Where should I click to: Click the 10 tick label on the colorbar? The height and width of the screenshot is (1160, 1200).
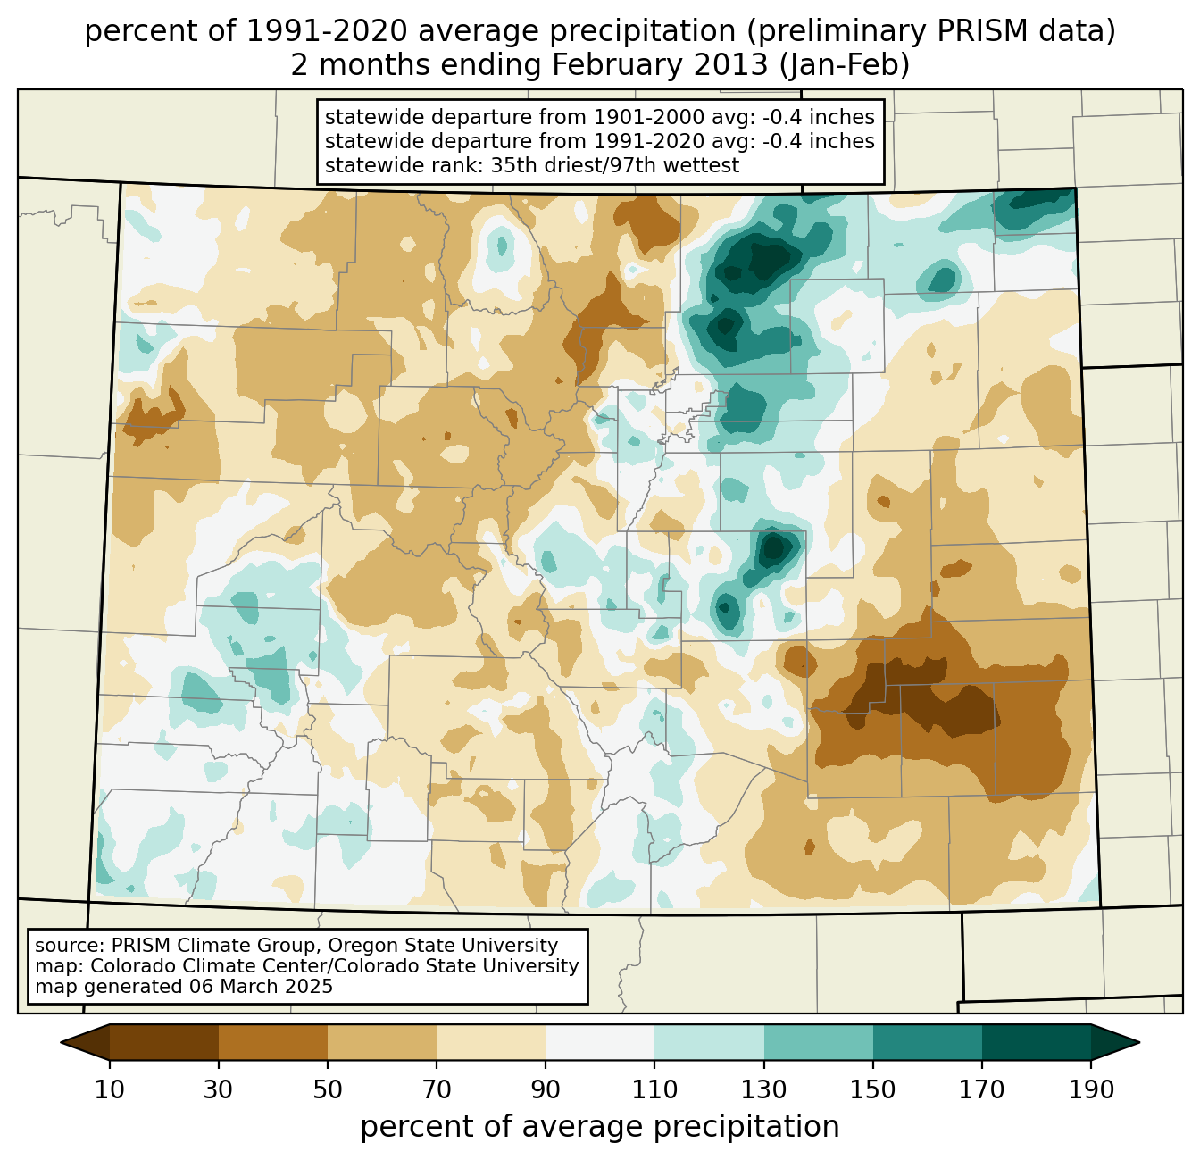tap(110, 1090)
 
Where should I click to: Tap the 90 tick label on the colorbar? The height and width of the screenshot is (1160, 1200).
tap(546, 1090)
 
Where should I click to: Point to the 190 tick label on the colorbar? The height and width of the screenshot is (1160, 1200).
tap(1090, 1090)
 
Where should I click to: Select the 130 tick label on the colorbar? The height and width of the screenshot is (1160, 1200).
tap(764, 1090)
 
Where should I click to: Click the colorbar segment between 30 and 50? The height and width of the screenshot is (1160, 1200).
tap(273, 1042)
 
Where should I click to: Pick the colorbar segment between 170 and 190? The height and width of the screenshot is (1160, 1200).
tap(1036, 1042)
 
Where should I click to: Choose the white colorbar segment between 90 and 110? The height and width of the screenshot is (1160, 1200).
tap(600, 1042)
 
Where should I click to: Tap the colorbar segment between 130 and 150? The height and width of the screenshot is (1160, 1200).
tap(819, 1042)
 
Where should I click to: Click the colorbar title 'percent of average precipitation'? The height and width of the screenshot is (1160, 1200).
tap(600, 1127)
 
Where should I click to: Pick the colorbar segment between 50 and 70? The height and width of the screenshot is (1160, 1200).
tap(382, 1042)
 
